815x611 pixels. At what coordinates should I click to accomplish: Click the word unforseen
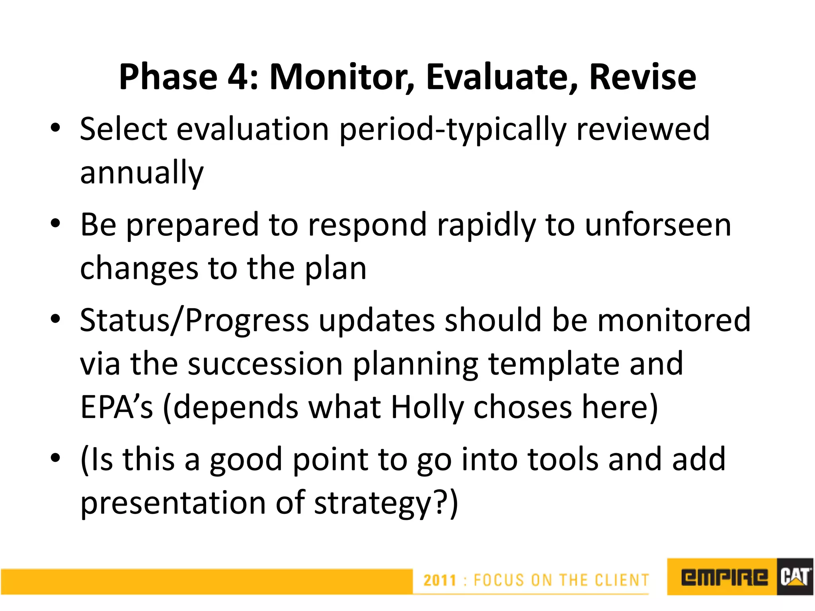(658, 225)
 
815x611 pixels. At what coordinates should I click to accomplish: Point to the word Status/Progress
(194, 320)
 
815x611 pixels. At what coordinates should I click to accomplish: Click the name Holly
(427, 407)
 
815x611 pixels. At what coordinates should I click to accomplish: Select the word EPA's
(116, 407)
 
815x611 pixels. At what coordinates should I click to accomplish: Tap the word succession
(265, 364)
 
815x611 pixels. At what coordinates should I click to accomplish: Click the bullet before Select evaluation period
(55, 128)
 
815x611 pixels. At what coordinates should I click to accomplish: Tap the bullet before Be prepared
(55, 224)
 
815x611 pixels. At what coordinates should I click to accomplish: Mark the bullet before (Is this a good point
(55, 458)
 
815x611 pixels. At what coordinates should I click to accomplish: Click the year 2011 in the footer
(439, 580)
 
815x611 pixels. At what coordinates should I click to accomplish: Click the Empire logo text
(724, 577)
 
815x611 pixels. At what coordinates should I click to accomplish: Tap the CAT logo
(794, 577)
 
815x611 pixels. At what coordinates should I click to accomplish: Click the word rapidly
(486, 225)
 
